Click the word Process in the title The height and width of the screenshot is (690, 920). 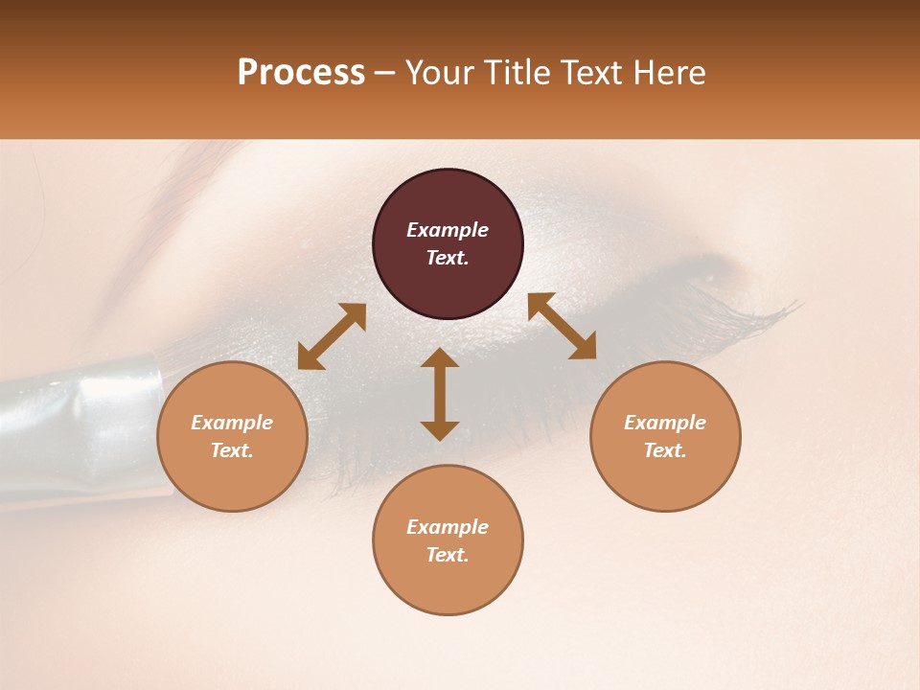(x=301, y=73)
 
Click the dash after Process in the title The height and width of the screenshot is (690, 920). (x=384, y=74)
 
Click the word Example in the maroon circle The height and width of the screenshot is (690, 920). (x=448, y=230)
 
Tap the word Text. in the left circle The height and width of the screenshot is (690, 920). (x=232, y=450)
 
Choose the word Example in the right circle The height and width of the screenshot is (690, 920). (x=665, y=423)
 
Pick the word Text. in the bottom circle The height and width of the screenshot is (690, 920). (x=448, y=555)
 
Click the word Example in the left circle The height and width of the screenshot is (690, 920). (x=232, y=423)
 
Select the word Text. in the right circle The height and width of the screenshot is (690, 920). (x=665, y=450)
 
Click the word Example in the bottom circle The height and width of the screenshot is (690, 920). (x=448, y=527)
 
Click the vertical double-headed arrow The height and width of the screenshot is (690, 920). (x=440, y=394)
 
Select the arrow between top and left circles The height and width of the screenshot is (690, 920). (x=332, y=336)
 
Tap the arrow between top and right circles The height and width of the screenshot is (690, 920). (x=563, y=326)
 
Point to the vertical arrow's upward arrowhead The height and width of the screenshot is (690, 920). (x=440, y=356)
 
